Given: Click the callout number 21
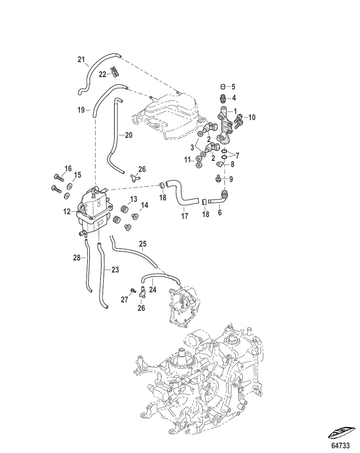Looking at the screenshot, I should click(82, 59).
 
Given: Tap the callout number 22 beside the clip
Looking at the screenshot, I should click(102, 74).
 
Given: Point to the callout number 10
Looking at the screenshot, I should click(252, 117).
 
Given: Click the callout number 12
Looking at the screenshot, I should click(67, 212).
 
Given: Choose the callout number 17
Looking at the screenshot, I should click(184, 216).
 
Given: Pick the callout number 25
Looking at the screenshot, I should click(143, 244).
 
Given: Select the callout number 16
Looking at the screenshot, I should click(68, 168).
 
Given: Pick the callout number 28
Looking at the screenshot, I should click(77, 258).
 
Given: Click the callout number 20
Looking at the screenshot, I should click(128, 135).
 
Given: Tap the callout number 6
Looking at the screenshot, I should click(220, 213).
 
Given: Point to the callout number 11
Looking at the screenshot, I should click(188, 160).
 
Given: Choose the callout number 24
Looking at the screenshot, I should click(152, 290).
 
